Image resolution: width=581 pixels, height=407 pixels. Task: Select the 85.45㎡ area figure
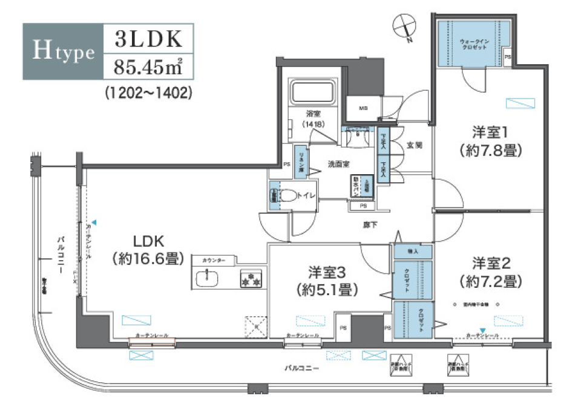(149, 67)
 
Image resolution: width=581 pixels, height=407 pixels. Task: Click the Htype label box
(63, 52)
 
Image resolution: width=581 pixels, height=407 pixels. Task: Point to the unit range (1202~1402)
(148, 93)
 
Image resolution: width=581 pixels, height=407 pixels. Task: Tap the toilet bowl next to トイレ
(292, 196)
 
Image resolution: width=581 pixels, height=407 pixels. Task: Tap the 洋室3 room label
(327, 271)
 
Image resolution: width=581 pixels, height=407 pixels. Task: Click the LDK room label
(147, 240)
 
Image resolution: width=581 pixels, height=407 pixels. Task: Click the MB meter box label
(363, 109)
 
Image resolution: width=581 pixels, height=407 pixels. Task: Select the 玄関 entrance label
(415, 145)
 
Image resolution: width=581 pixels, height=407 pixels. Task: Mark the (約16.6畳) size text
(148, 259)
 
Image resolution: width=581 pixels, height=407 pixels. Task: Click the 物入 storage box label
(413, 250)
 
